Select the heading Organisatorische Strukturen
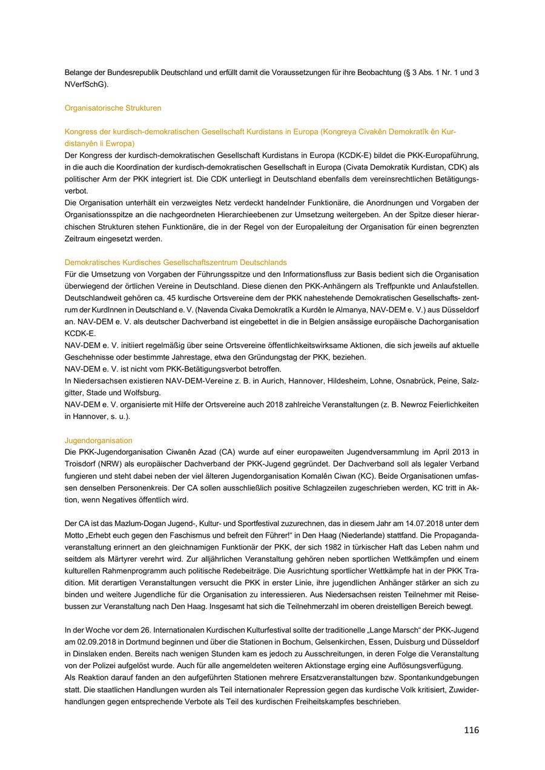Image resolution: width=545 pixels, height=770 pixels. coord(113,108)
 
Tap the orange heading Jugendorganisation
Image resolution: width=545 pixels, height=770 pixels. coord(99,441)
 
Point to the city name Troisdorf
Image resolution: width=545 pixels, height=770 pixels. coord(82,464)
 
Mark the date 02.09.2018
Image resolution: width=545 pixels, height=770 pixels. coord(88,642)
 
